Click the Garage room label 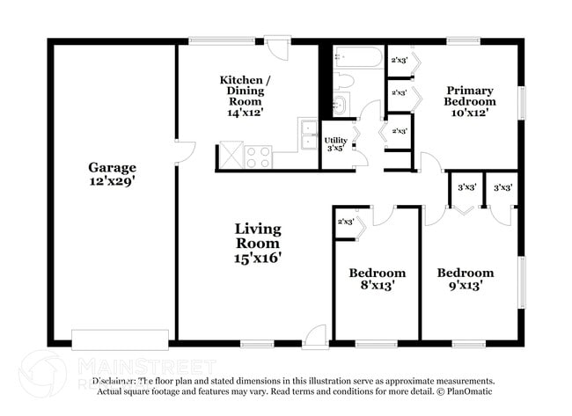click(112, 167)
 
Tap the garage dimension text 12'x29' click(112, 182)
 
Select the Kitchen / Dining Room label click(245, 91)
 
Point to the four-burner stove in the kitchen click(258, 157)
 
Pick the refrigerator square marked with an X click(231, 157)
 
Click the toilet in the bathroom click(344, 81)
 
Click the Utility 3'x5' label click(335, 144)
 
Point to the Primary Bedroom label click(469, 95)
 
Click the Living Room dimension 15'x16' click(257, 258)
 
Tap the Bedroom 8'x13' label click(377, 278)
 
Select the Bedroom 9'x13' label click(465, 278)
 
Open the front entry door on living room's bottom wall click(314, 336)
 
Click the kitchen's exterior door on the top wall click(278, 47)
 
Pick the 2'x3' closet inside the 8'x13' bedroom click(347, 223)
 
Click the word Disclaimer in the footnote click(111, 380)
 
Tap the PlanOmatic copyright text click(467, 390)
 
